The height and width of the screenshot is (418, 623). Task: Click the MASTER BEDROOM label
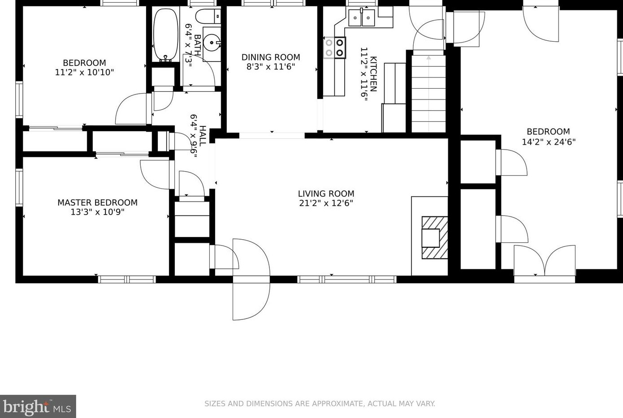[x=97, y=203]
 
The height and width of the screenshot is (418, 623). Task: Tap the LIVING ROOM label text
[x=326, y=194]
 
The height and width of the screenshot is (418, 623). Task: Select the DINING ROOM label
[x=271, y=57]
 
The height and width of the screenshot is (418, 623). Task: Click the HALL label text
[x=203, y=136]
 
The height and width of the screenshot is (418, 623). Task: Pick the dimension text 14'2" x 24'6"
[x=549, y=142]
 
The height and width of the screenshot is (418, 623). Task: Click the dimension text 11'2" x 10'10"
[x=85, y=72]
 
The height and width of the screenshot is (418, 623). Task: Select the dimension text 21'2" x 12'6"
[x=326, y=203]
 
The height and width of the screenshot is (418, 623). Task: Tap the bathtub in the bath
[x=166, y=34]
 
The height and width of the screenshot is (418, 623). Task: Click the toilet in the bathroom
[x=208, y=16]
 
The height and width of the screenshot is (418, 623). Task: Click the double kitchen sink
[x=361, y=17]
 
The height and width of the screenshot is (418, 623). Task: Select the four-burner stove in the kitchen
[x=335, y=47]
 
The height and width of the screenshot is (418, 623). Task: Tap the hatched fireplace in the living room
[x=435, y=237]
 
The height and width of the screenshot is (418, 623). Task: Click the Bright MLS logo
[x=38, y=406]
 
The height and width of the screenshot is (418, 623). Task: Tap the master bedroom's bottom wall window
[x=127, y=279]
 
